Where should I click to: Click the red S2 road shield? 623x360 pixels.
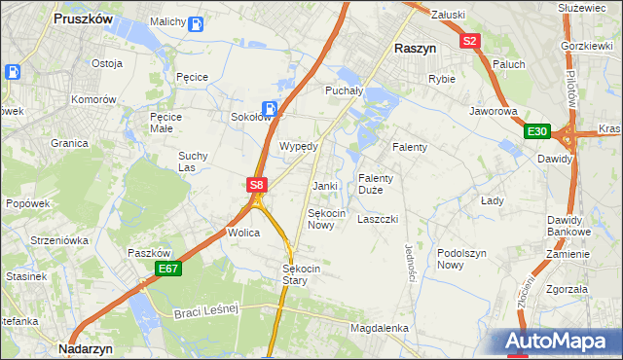(x=470, y=41)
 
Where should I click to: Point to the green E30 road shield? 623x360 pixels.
(x=536, y=131)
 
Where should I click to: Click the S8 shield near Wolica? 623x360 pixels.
(x=255, y=184)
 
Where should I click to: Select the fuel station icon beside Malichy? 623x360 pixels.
(x=196, y=23)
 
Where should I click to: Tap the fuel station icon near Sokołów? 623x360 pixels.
(x=270, y=109)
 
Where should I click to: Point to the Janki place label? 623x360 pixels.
(x=324, y=186)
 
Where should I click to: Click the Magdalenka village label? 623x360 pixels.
(x=380, y=329)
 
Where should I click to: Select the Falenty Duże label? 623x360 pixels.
(x=376, y=184)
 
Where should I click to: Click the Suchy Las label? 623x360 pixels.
(x=192, y=161)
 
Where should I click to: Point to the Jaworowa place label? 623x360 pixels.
(x=493, y=112)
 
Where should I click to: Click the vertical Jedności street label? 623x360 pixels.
(x=410, y=264)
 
